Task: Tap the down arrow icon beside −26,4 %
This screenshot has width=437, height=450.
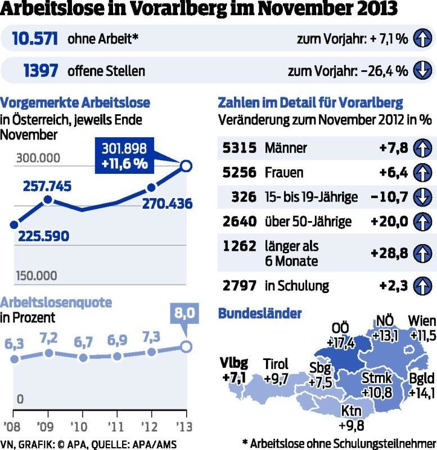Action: [x=422, y=71]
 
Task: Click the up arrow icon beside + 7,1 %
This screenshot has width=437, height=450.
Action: [x=422, y=39]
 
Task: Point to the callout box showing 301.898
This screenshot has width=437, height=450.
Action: [x=124, y=156]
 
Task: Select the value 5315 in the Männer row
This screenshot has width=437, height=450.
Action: [x=239, y=148]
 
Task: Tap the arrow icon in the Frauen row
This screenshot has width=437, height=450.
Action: [x=422, y=172]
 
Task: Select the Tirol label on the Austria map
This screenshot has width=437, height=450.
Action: [x=276, y=364]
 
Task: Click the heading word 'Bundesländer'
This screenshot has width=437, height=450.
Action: [x=259, y=313]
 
